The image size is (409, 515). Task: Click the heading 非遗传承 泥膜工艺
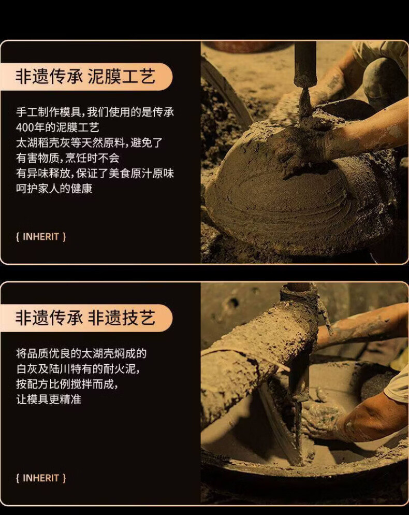[x=85, y=77]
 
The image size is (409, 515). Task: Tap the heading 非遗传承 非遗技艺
[x=85, y=318]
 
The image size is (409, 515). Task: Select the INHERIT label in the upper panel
[x=41, y=236]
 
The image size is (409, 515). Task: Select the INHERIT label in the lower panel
[x=41, y=478]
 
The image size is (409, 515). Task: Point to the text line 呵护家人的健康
[x=54, y=189]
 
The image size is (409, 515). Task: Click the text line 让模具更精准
[x=49, y=399]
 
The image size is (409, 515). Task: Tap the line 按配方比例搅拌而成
[x=67, y=384]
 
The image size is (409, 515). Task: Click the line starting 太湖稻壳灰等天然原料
[x=89, y=143]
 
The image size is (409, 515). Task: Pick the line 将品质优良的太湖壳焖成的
[x=81, y=353]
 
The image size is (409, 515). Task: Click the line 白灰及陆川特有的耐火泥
[x=78, y=369]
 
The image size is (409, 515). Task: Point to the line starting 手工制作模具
[x=95, y=112]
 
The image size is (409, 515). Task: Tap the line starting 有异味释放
[x=95, y=174]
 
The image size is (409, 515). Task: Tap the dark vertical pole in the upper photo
[x=305, y=64]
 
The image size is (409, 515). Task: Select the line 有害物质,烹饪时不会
[x=68, y=158]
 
